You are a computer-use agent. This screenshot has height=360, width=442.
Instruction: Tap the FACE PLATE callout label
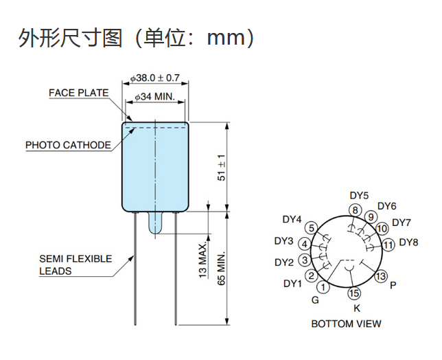[x=78, y=93]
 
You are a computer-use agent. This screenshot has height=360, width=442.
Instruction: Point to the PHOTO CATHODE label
[x=68, y=145]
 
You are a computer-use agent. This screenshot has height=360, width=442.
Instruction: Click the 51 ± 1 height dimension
[x=221, y=167]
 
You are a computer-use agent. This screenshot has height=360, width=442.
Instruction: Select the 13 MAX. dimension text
[x=203, y=259]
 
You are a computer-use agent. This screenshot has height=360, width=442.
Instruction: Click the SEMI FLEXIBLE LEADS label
[x=75, y=265]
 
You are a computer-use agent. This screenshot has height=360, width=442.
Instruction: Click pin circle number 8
[x=355, y=210]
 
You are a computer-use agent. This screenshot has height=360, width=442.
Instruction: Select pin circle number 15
[x=353, y=294]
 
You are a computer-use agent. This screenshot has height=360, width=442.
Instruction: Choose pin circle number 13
[x=381, y=276]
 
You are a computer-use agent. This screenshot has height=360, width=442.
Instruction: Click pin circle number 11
[x=388, y=244]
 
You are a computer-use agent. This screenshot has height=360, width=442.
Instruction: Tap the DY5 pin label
[x=359, y=196]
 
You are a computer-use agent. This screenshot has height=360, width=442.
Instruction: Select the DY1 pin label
[x=292, y=283]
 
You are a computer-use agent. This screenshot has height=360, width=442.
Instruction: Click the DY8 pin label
[x=408, y=243]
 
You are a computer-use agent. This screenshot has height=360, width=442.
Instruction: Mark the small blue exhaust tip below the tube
[x=155, y=225]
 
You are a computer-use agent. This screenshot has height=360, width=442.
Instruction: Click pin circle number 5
[x=312, y=227]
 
